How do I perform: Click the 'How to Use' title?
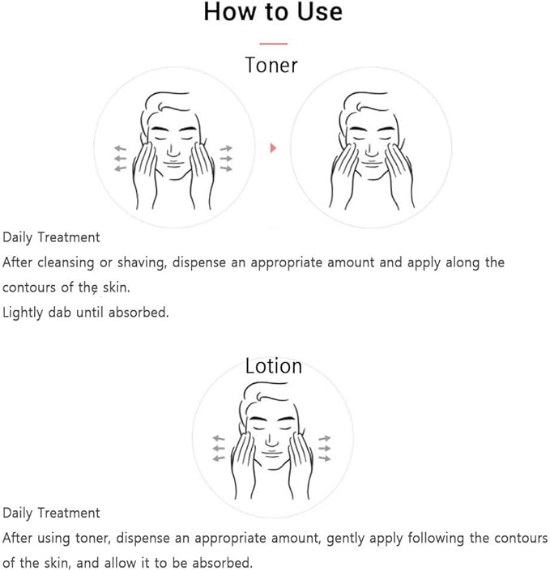click(x=273, y=11)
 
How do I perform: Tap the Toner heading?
click(x=271, y=66)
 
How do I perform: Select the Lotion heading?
click(x=274, y=366)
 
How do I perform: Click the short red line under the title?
click(x=273, y=44)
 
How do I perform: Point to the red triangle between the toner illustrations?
click(x=273, y=148)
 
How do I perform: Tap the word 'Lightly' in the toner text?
click(x=23, y=313)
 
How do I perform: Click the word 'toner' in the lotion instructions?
click(x=92, y=539)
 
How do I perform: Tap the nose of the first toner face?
click(x=173, y=150)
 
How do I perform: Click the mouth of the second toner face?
click(x=372, y=162)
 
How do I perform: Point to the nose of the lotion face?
click(x=271, y=440)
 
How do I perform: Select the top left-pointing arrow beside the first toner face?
click(x=120, y=148)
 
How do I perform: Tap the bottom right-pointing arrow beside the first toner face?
click(x=226, y=168)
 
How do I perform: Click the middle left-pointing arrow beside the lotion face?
click(x=219, y=448)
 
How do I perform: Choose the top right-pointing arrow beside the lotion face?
click(x=325, y=438)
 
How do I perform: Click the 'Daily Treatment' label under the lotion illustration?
click(x=51, y=513)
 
